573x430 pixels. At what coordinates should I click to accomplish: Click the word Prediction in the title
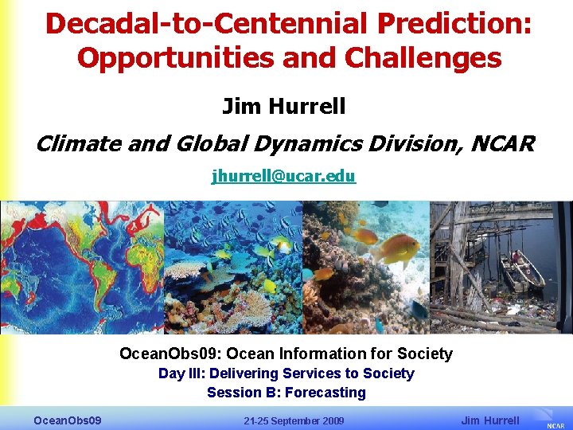453,23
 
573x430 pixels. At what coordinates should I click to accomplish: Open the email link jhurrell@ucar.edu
283,176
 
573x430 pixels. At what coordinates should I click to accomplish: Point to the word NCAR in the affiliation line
501,144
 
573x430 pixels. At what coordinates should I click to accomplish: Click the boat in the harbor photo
521,271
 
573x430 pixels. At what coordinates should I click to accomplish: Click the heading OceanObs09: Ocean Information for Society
286,354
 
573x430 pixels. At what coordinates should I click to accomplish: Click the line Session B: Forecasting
286,393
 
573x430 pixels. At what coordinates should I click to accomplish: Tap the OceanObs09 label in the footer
67,420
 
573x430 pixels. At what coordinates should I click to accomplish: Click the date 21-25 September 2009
294,420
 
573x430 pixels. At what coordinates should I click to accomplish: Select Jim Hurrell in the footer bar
490,420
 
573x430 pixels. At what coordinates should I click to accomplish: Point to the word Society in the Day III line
388,373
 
